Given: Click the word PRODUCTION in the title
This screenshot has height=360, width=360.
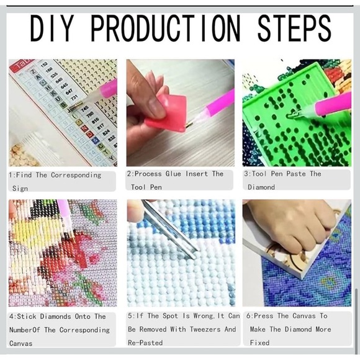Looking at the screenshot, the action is [166, 28].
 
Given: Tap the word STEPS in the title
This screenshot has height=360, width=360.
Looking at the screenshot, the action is [295, 28].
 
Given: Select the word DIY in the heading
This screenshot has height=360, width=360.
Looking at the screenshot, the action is [52, 28].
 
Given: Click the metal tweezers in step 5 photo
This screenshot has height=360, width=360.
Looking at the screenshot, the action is [170, 230].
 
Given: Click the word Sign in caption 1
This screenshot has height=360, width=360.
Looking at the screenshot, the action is [20, 189].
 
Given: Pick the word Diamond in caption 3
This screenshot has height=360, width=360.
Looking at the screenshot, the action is [261, 187].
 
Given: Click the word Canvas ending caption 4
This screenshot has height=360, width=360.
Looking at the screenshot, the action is [21, 343].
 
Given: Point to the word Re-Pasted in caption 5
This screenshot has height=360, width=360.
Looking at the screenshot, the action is [145, 343].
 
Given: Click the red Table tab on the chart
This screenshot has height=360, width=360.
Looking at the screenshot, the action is [22, 65].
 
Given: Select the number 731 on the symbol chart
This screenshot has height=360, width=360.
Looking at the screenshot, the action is [74, 97].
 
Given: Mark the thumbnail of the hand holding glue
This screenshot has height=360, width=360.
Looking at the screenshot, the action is [181, 113].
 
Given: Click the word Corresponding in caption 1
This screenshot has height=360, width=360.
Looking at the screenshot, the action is [76, 175].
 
